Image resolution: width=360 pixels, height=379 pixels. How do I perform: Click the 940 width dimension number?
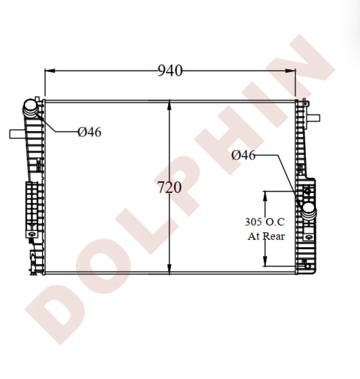170,70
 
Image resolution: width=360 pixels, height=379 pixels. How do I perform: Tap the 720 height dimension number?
170,188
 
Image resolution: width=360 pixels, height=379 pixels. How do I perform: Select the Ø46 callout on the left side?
89,132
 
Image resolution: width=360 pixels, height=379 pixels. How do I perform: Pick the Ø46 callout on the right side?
243,155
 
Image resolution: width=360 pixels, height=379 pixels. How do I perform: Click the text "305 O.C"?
265,221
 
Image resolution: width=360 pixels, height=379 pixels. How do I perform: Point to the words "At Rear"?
266,236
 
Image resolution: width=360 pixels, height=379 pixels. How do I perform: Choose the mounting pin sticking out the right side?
314,117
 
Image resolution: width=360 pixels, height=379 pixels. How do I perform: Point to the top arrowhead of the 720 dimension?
169,105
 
